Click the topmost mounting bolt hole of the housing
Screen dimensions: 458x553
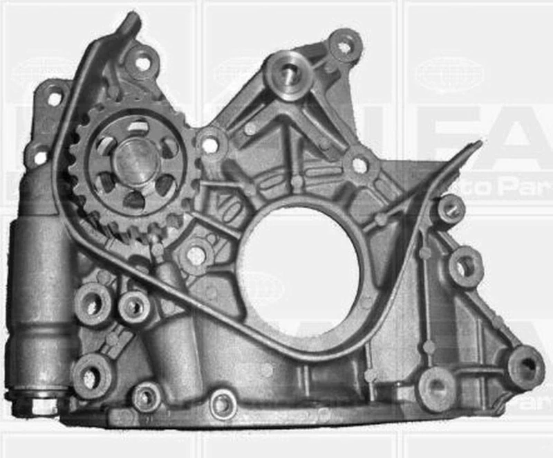pyautogui.click(x=344, y=46)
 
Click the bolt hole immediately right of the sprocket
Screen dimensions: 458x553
pyautogui.click(x=211, y=146)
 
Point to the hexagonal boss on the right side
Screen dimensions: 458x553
pyautogui.click(x=465, y=266)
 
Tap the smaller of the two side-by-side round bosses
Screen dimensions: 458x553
pyautogui.click(x=133, y=306)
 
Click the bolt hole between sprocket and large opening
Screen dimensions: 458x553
pyautogui.click(x=195, y=255)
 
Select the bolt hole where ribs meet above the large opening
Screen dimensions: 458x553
pyautogui.click(x=359, y=165)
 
